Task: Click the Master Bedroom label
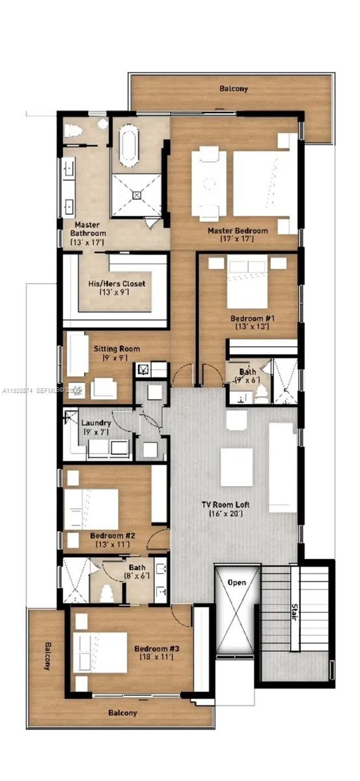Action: [238, 231]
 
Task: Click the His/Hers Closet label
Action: [117, 284]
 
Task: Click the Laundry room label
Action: [96, 423]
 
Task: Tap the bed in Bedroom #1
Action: [247, 287]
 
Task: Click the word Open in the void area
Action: [237, 582]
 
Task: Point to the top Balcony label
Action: [233, 88]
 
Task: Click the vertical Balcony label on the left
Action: [48, 657]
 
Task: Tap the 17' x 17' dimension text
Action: [237, 240]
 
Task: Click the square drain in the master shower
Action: [137, 194]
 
